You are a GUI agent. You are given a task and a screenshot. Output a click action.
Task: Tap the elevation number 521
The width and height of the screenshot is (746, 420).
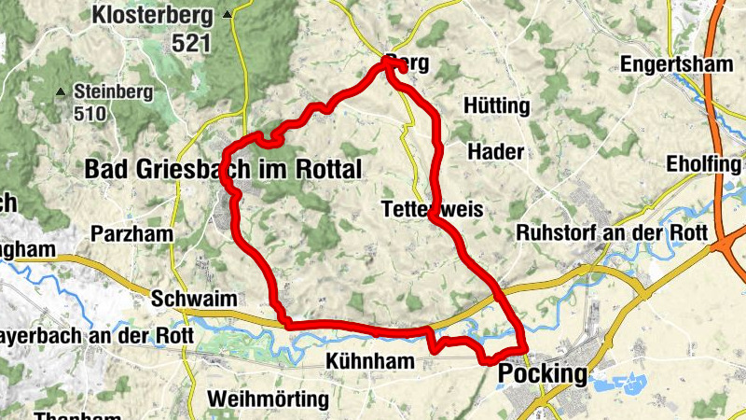192,43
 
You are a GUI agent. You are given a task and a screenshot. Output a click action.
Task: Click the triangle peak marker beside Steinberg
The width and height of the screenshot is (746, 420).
61,91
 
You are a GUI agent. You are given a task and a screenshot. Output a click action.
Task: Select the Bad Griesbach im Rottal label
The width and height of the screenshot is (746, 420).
222,169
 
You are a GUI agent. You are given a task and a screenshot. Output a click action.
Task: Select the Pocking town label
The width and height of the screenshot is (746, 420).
545,375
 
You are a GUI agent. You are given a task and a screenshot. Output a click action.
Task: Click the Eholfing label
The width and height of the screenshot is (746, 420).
703,165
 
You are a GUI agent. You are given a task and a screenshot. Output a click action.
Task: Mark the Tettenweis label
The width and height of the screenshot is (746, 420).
433,210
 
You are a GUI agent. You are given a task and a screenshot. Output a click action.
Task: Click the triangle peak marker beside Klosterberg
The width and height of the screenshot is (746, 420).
228,15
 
